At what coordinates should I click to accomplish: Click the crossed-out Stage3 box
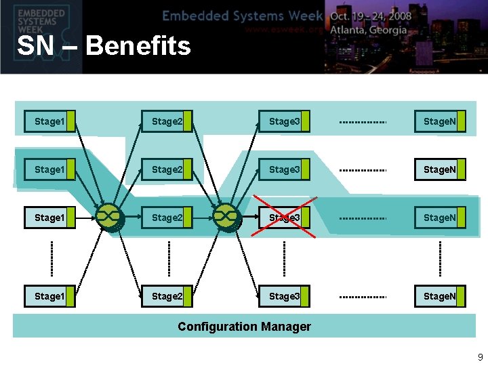(284, 218)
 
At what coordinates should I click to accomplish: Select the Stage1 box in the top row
(49, 121)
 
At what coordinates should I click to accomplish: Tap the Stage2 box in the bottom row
(167, 296)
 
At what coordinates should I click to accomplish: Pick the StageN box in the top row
(441, 121)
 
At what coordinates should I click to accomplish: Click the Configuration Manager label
(244, 327)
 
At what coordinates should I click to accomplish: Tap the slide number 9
(480, 357)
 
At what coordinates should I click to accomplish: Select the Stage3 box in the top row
(284, 121)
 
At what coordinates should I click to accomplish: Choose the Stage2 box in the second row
(167, 169)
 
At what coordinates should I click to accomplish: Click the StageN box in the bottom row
(441, 296)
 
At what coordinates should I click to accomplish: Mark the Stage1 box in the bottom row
(49, 296)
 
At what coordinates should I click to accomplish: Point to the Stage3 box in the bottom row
(284, 296)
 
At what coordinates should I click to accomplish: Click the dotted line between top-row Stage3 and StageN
(363, 123)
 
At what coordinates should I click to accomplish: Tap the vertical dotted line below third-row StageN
(440, 258)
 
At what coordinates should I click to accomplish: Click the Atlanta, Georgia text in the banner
(369, 30)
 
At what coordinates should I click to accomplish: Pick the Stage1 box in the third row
(49, 218)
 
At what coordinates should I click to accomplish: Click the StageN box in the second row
(441, 169)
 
